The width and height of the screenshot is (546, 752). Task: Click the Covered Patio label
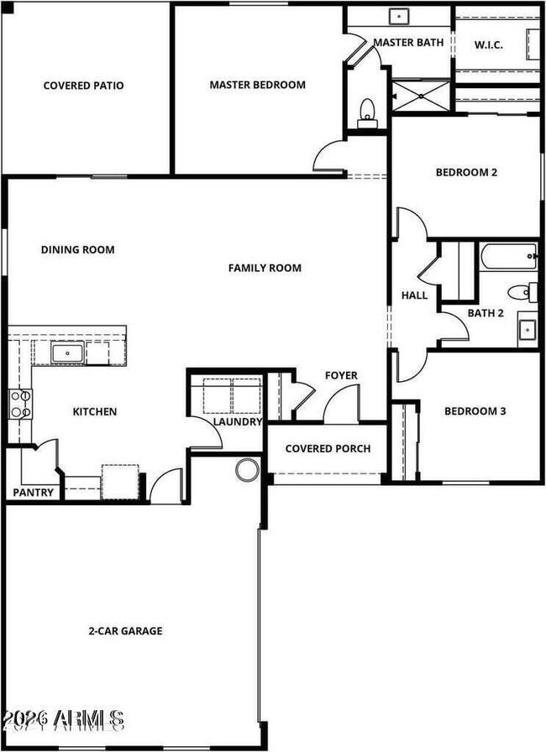(84, 85)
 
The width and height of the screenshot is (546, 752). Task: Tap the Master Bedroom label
(257, 85)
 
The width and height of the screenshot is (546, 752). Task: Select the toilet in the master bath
(366, 112)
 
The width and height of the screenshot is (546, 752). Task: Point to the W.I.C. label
(488, 44)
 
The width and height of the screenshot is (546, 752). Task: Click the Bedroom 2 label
(466, 173)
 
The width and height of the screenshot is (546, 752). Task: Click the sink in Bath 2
(527, 327)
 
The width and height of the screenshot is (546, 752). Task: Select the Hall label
(414, 295)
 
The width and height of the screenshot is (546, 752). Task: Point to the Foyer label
(341, 375)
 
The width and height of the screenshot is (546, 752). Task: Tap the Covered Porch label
(328, 448)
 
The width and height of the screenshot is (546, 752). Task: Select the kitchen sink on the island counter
(66, 352)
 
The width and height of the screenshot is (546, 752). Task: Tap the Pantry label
(33, 493)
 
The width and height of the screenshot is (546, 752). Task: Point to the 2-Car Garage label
(125, 630)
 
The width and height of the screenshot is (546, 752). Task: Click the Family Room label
(265, 269)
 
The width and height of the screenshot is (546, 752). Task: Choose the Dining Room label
(77, 249)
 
